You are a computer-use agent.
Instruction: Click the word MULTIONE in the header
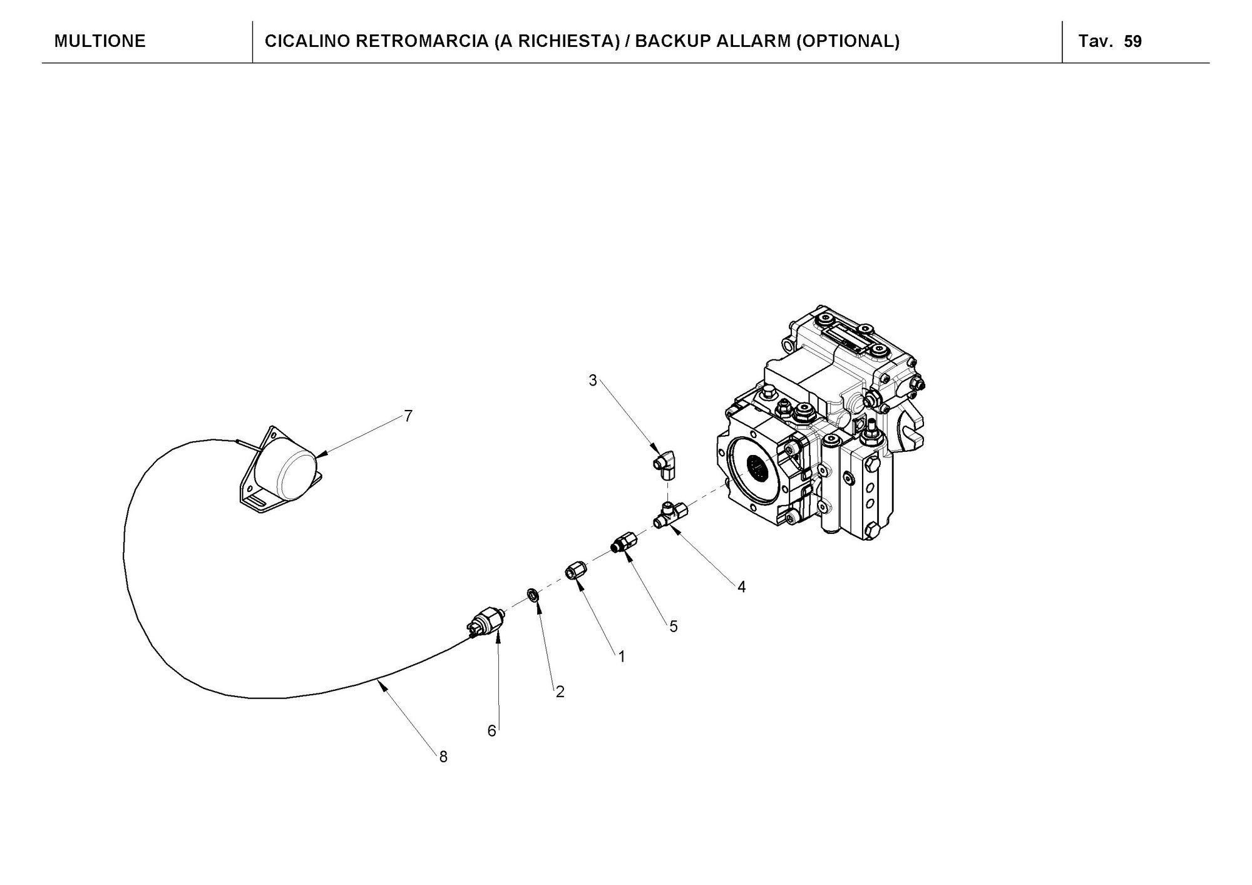(x=100, y=41)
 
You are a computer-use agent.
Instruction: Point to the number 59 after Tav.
(x=1133, y=42)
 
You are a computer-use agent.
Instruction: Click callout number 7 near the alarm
(x=408, y=416)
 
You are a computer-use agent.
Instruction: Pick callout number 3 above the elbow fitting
(x=593, y=380)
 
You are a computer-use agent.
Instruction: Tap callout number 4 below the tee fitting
(x=741, y=586)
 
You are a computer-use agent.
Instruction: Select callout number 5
(x=674, y=626)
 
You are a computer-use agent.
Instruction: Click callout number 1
(x=622, y=657)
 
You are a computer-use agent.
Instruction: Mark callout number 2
(x=560, y=692)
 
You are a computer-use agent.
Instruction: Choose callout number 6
(x=492, y=731)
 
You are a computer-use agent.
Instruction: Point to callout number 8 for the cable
(x=443, y=757)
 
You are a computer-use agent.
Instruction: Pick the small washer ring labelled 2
(x=533, y=593)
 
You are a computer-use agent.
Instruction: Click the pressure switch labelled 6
(x=486, y=622)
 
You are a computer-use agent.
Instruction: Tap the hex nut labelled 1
(x=574, y=571)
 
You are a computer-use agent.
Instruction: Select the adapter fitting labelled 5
(x=623, y=542)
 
